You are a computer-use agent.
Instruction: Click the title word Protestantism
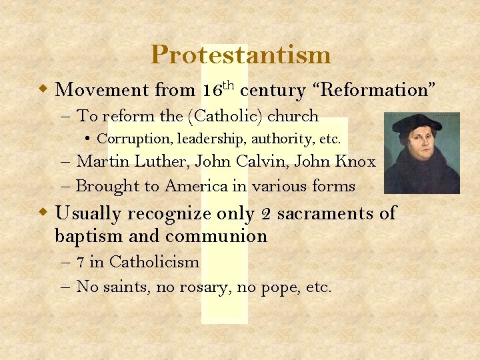click(240, 55)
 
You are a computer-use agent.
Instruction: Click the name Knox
click(355, 161)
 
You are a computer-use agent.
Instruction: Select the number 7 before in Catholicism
click(81, 262)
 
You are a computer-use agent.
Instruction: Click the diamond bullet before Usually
click(43, 214)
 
